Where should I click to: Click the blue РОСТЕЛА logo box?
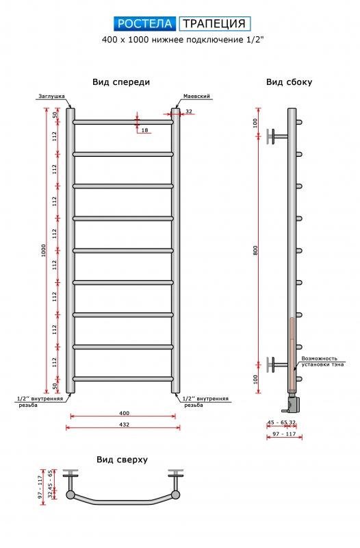click(145, 24)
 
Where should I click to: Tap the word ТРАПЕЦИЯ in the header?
click(214, 24)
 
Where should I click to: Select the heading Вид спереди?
click(121, 82)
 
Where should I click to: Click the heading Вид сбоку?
click(289, 82)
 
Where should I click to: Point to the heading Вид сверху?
click(123, 460)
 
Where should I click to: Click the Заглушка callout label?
click(51, 97)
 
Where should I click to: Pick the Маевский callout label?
click(196, 96)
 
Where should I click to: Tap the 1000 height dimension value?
click(43, 250)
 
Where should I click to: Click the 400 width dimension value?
click(124, 413)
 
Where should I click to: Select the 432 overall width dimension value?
click(124, 425)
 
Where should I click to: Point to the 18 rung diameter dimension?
click(144, 130)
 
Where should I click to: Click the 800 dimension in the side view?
click(255, 250)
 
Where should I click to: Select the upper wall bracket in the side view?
click(277, 136)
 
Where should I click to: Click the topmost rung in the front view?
click(123, 123)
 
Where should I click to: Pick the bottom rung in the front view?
click(123, 379)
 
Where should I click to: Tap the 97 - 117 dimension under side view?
click(284, 434)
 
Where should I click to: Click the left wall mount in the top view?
click(70, 483)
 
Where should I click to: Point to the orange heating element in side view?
click(292, 353)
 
